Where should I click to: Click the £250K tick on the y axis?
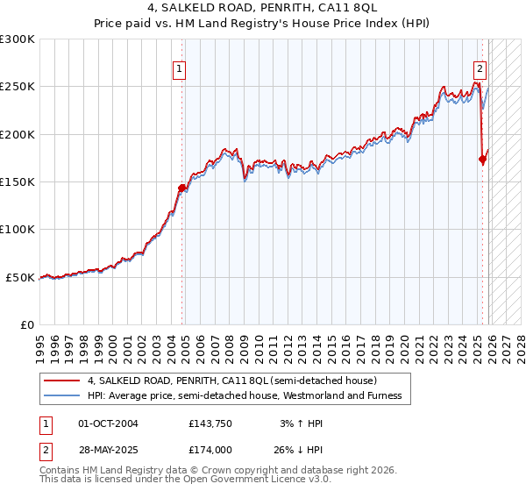tap(18, 87)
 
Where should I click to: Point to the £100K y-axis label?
tap(18, 230)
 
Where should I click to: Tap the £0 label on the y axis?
tap(26, 324)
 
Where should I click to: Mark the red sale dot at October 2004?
tap(182, 188)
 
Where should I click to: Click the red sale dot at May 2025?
tap(483, 159)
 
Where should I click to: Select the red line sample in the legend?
tap(62, 381)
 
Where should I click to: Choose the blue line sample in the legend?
tap(62, 396)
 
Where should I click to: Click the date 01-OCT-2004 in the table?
tap(108, 424)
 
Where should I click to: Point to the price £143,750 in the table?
tap(210, 424)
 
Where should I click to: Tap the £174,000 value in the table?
tap(210, 450)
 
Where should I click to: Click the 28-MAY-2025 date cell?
tap(109, 450)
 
